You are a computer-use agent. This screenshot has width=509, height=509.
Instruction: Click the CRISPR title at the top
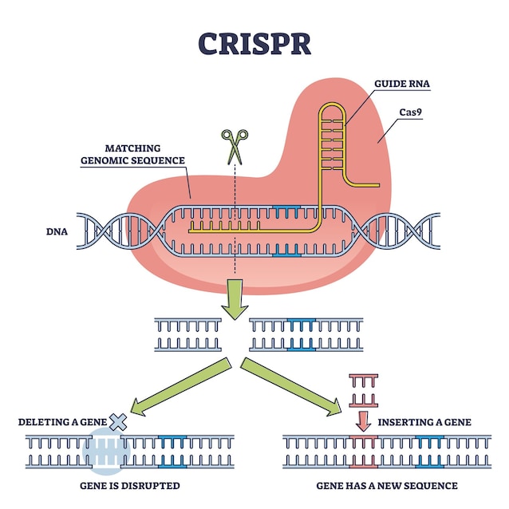click(254, 43)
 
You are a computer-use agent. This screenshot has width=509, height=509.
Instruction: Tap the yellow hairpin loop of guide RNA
click(333, 144)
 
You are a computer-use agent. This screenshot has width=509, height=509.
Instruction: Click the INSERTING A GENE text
click(424, 422)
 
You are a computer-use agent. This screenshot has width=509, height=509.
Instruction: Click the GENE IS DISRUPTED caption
click(128, 485)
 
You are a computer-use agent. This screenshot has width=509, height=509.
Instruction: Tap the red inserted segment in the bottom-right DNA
click(363, 450)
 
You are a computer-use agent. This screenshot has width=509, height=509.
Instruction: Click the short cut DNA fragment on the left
click(187, 335)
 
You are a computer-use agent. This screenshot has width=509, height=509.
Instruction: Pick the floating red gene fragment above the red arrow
click(363, 389)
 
